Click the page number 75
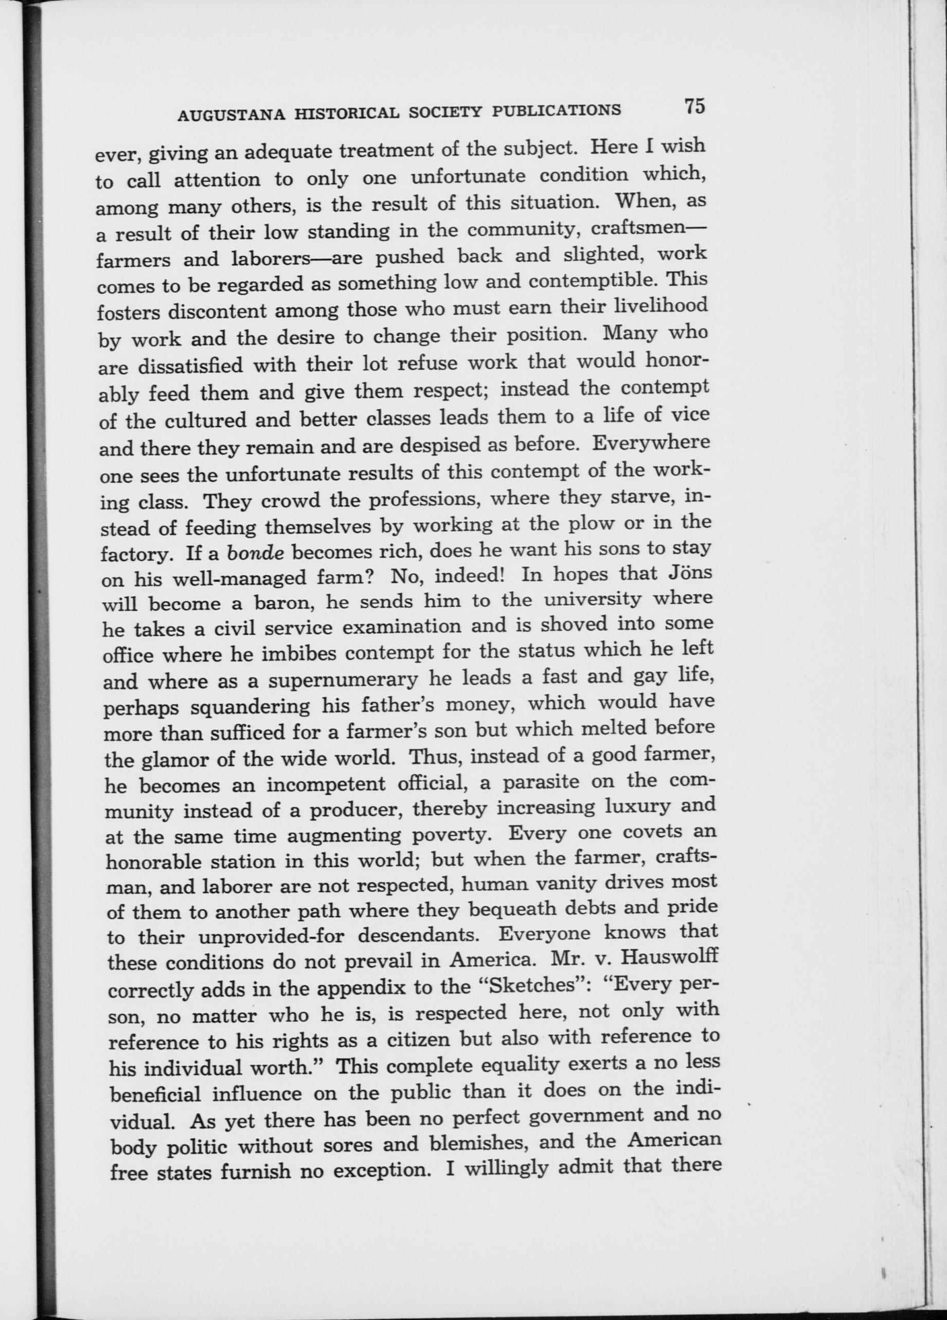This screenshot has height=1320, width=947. click(695, 106)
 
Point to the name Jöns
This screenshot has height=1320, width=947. click(687, 573)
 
